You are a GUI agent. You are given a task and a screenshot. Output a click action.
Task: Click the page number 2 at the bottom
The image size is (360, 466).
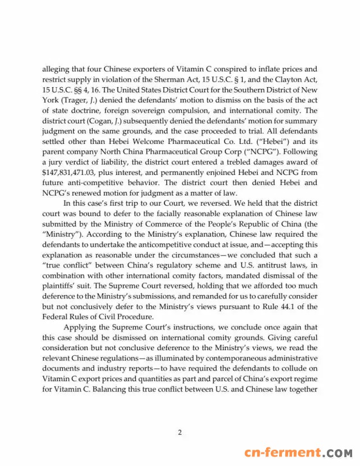click(180, 432)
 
